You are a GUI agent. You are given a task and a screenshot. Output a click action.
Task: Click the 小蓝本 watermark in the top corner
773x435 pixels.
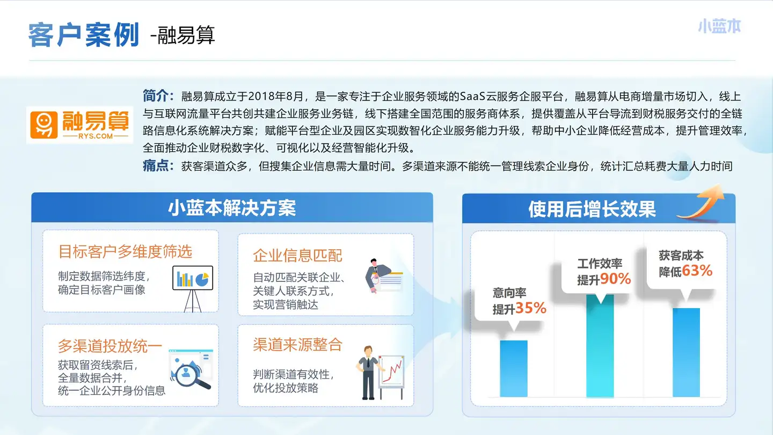[719, 27]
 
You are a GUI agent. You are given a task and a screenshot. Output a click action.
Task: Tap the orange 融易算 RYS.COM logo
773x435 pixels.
[79, 125]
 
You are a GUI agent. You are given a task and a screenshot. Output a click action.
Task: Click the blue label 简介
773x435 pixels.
[158, 96]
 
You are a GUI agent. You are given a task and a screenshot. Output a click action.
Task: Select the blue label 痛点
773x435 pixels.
[158, 166]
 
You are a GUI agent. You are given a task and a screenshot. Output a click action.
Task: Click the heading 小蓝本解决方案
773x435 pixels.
[232, 208]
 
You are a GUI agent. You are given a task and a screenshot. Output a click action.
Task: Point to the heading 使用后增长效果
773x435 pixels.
[592, 209]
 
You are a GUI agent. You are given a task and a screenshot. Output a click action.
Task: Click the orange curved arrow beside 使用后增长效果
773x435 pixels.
[701, 202]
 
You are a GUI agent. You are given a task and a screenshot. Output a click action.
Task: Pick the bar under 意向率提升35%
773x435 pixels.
[514, 368]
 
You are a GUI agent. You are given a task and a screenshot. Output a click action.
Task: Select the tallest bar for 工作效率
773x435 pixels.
[600, 346]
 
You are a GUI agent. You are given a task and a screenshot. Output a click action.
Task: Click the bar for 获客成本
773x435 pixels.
[686, 352]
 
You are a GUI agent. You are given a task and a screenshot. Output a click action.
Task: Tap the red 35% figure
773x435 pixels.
[531, 308]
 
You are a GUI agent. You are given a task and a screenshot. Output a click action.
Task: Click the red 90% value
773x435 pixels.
[615, 279]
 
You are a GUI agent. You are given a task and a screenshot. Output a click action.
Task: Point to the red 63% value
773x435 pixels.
[697, 271]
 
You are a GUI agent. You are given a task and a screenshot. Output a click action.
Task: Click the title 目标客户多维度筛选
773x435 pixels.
[125, 251]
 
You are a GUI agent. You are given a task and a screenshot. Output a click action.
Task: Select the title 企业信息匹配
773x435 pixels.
[297, 256]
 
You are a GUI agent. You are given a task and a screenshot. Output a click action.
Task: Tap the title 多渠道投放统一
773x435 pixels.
[110, 346]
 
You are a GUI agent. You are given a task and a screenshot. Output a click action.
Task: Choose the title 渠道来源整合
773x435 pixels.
[297, 344]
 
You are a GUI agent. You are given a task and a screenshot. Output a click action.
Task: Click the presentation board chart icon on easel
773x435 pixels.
[193, 288]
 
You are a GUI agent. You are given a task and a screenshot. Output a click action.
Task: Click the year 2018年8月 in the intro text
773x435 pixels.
[275, 96]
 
